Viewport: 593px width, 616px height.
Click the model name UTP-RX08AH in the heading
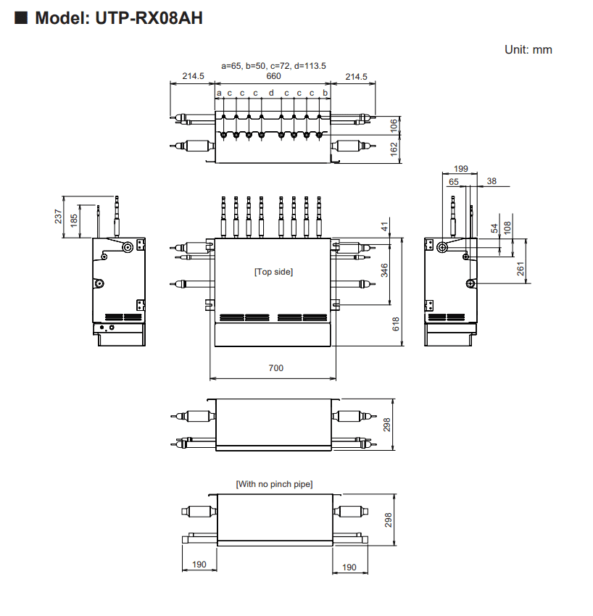149,18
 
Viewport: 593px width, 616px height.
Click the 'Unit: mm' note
528,49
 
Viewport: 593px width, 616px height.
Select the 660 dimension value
273,76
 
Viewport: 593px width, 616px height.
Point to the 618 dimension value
396,324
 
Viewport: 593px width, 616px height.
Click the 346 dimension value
385,270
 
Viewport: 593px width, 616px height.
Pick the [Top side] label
273,271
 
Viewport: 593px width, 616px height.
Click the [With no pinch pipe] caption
274,483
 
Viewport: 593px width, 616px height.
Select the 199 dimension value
460,168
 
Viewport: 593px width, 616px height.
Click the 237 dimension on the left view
58,216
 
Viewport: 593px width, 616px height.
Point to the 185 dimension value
74,221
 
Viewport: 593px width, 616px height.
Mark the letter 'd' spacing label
271,93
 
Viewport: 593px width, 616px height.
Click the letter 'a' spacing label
218,93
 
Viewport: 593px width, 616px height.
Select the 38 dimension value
492,182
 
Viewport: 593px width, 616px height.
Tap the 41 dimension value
385,228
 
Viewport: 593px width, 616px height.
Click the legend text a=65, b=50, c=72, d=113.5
273,65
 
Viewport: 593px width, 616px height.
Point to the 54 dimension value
494,228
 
